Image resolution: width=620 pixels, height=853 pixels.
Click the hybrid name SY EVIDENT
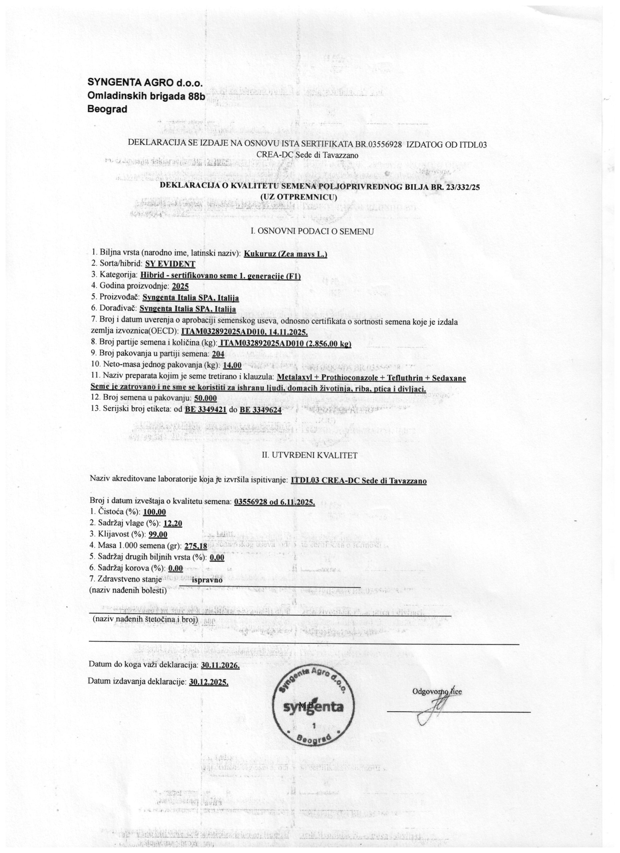click(173, 264)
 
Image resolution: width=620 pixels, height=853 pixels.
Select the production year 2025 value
click(180, 286)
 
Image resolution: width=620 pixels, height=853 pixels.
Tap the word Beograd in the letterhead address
click(107, 109)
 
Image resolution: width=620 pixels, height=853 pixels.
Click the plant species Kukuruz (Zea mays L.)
click(286, 254)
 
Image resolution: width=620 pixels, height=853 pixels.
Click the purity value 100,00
click(155, 512)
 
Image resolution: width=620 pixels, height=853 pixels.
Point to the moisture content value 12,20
click(173, 523)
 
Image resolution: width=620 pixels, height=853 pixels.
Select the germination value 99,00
click(158, 534)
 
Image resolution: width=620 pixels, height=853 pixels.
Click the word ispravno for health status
click(207, 579)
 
